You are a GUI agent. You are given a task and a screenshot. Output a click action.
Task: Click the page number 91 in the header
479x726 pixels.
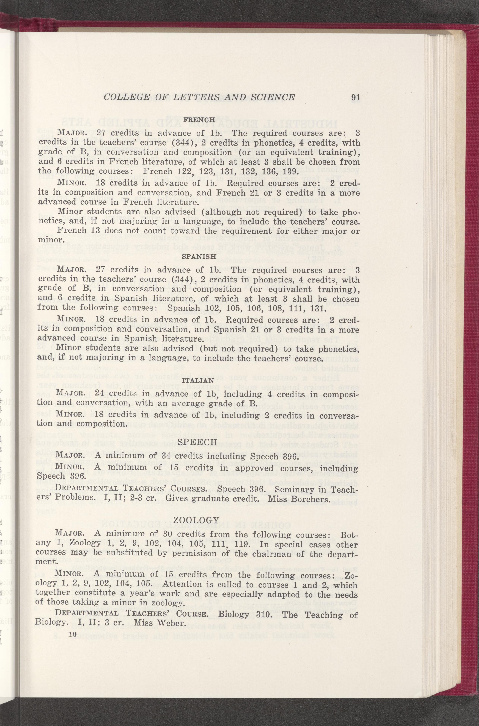355,97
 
